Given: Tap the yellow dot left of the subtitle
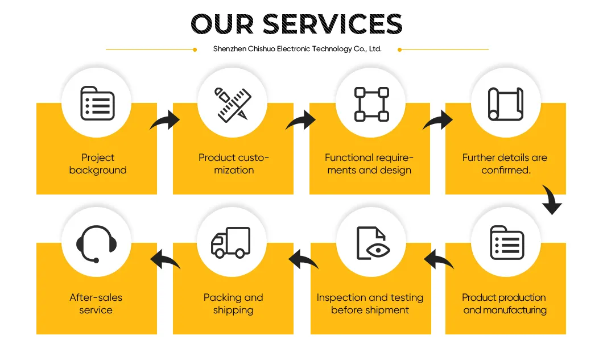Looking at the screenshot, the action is pyautogui.click(x=195, y=49).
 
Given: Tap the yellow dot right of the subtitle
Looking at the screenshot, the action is pyautogui.click(x=399, y=49).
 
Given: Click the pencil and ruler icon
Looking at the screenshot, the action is pyautogui.click(x=233, y=105).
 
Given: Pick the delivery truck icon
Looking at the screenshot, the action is pyautogui.click(x=231, y=242).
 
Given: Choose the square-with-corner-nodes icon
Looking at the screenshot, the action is pyautogui.click(x=371, y=104).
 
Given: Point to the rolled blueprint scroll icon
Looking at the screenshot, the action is pyautogui.click(x=506, y=104).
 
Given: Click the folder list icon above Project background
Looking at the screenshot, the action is pyautogui.click(x=97, y=103).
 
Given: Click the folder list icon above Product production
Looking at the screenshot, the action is pyautogui.click(x=507, y=243).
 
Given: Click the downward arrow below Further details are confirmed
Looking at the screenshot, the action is pyautogui.click(x=552, y=200).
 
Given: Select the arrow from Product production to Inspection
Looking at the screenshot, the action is pyautogui.click(x=439, y=259).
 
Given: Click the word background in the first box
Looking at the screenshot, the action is pyautogui.click(x=98, y=170).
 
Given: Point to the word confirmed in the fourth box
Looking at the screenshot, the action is pyautogui.click(x=506, y=170).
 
